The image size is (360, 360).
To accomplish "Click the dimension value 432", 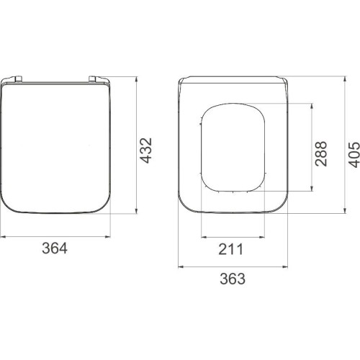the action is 146,150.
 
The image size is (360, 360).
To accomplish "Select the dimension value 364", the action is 55,248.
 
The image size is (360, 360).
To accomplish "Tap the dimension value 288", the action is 321,154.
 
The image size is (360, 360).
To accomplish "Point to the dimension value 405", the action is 354,155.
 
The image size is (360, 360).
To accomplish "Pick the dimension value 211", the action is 230,249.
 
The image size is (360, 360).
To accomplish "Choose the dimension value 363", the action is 233,279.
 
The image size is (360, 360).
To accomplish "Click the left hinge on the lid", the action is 18,78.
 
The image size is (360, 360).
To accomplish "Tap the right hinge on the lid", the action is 93,78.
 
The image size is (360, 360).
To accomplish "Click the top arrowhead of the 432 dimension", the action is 136,79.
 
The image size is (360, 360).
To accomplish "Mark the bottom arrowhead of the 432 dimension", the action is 136,210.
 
